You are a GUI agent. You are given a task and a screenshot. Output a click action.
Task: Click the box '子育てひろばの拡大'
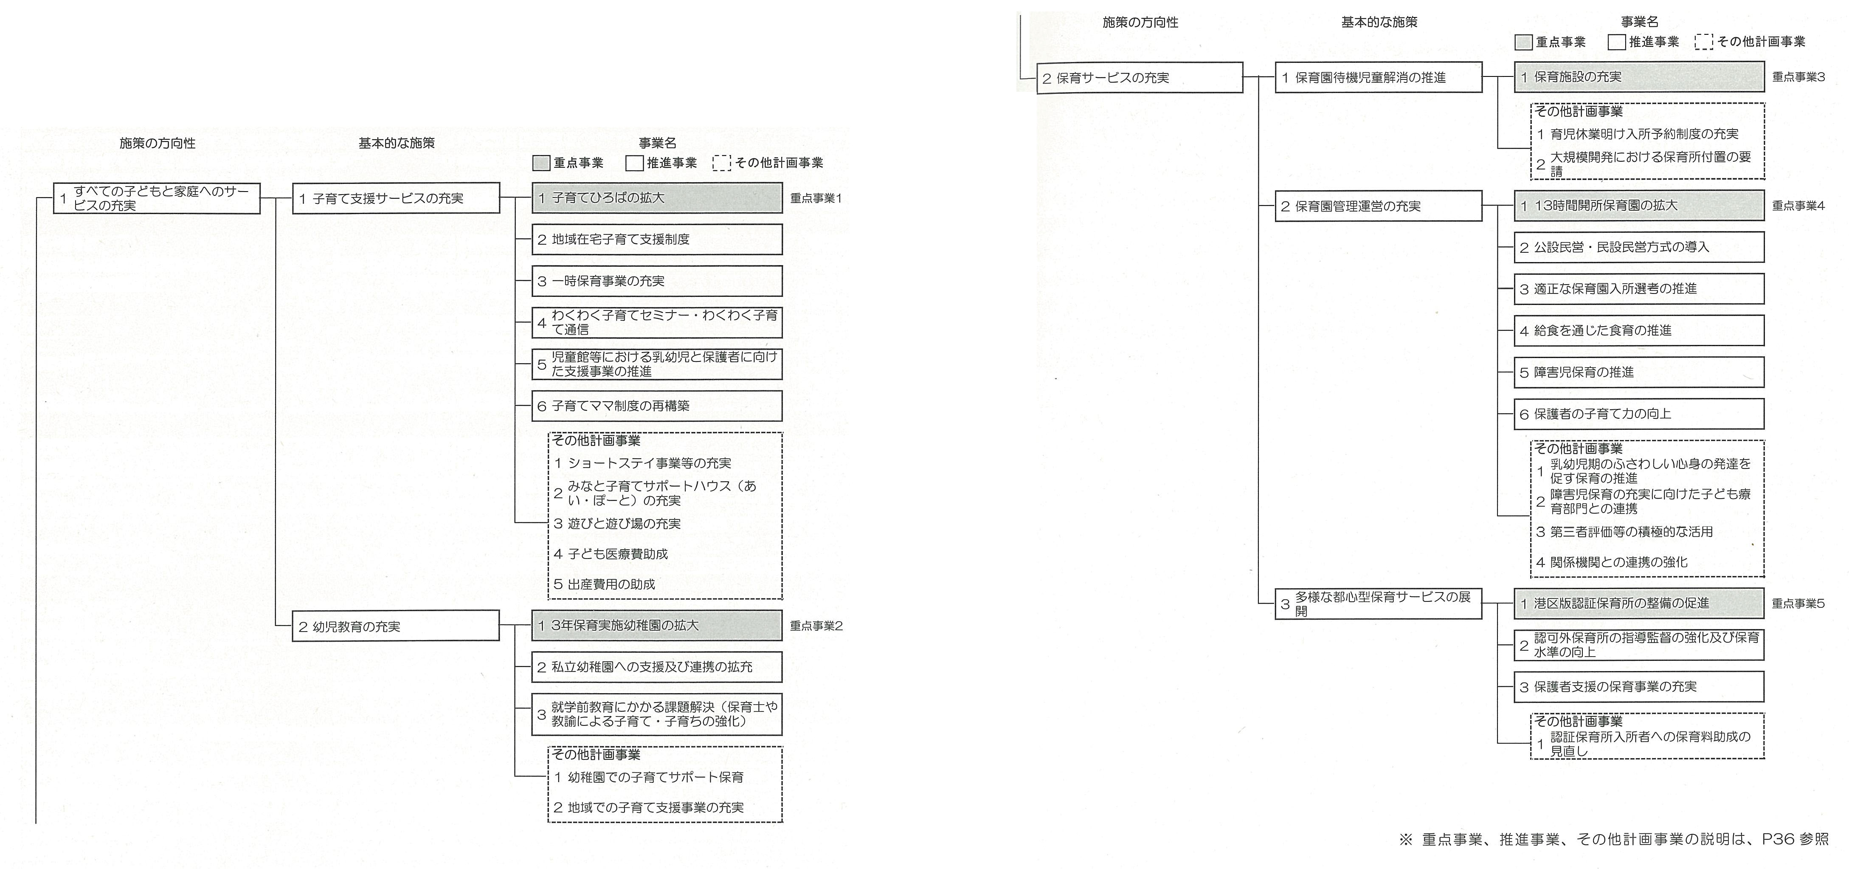point(657,197)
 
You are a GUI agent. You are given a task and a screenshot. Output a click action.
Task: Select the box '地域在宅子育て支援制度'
point(657,239)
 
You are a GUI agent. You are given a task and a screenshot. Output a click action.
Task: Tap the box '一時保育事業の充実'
point(657,281)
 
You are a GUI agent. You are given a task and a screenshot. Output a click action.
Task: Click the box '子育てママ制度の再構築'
point(657,406)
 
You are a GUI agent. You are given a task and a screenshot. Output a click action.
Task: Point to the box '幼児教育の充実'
point(396,626)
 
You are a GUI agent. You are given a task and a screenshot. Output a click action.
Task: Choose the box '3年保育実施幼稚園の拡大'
point(657,626)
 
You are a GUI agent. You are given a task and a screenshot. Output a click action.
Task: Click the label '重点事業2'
point(816,626)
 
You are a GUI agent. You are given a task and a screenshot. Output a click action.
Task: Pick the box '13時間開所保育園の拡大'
point(1639,206)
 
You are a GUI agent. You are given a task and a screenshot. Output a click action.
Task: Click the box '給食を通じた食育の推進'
point(1639,330)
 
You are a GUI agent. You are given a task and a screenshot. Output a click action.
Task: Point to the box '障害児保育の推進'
point(1639,372)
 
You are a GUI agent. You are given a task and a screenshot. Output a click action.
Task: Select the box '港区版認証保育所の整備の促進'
point(1639,603)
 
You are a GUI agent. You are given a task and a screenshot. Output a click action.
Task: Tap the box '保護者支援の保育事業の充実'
point(1639,687)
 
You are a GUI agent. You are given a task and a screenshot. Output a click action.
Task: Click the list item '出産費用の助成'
point(604,584)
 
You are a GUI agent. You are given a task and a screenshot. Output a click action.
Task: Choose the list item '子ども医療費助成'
point(611,554)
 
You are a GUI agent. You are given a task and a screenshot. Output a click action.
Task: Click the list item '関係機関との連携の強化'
point(1611,562)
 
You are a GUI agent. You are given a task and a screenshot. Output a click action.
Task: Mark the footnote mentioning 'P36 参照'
point(1613,840)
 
